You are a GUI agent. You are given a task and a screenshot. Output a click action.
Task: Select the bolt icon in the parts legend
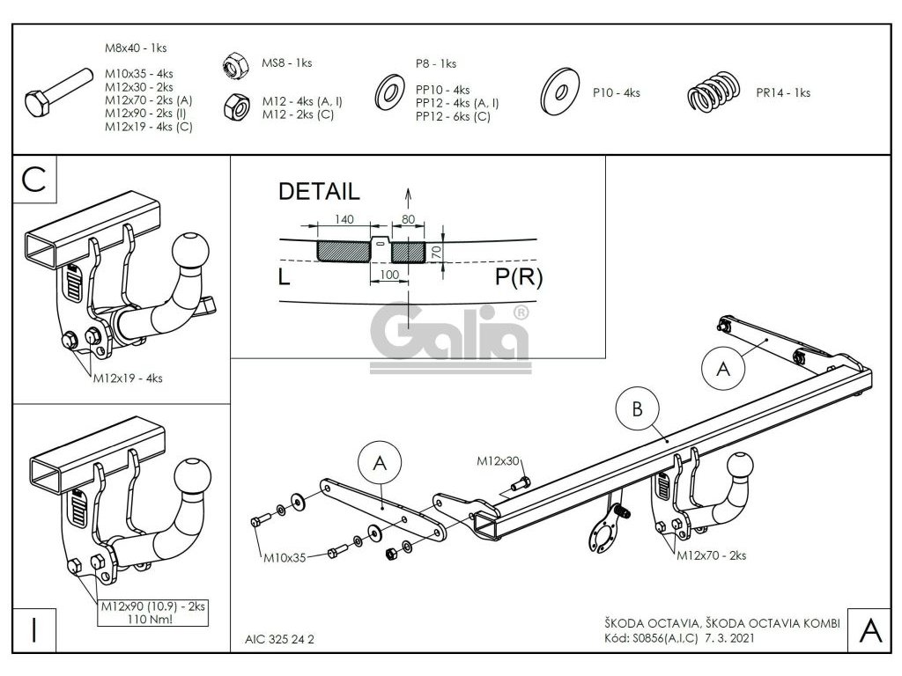tap(58, 96)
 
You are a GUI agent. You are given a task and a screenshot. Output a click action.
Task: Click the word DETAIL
tap(318, 191)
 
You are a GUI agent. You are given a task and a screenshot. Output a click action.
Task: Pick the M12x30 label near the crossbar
tap(499, 460)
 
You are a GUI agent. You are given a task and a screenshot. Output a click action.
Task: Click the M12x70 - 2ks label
tap(711, 555)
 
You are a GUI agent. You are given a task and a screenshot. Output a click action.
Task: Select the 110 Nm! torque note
tap(148, 618)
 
